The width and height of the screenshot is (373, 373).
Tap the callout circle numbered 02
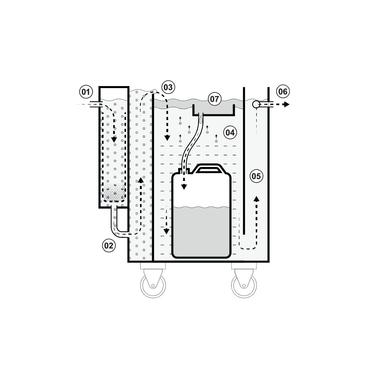(109, 246)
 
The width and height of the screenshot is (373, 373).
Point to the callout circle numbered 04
(230, 132)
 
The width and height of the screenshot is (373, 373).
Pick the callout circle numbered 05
(256, 176)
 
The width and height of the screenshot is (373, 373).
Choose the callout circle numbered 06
(283, 92)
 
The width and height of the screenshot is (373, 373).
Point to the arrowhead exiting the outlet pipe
(285, 104)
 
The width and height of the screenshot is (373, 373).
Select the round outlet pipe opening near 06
(256, 104)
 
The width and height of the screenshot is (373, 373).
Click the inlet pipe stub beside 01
(94, 104)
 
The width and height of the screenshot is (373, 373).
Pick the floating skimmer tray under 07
(214, 110)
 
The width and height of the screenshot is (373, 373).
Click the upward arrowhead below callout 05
(257, 199)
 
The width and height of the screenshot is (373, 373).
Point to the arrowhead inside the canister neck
(184, 187)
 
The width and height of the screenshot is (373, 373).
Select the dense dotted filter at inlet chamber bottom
(114, 193)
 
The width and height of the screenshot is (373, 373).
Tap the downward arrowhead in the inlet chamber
(114, 139)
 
